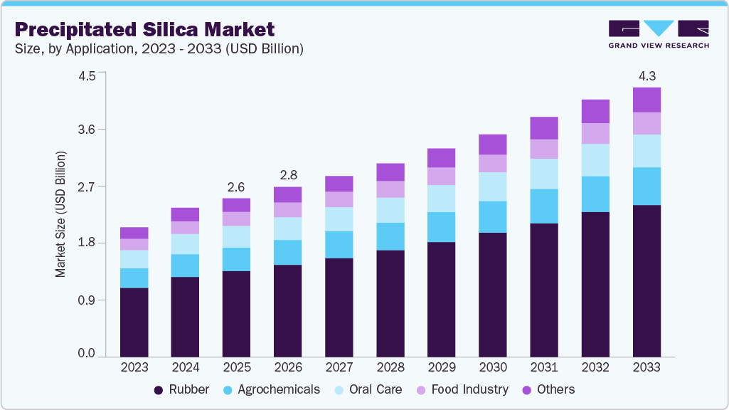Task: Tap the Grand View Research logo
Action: tap(658, 34)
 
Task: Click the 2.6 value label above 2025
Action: tap(236, 187)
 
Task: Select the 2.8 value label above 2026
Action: tap(287, 175)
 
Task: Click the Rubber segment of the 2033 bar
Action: tap(646, 280)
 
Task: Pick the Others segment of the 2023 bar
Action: tap(134, 233)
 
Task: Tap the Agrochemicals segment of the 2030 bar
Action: tap(493, 217)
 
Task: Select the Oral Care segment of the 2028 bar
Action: tap(390, 210)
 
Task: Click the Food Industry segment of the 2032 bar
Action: tap(595, 134)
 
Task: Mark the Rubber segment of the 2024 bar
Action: tap(185, 317)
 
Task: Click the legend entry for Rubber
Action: tap(184, 389)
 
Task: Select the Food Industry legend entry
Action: tap(462, 389)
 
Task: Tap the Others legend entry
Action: tap(549, 389)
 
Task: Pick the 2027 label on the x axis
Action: tap(339, 367)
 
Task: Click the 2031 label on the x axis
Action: tap(544, 367)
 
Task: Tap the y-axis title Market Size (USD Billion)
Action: tap(61, 214)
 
